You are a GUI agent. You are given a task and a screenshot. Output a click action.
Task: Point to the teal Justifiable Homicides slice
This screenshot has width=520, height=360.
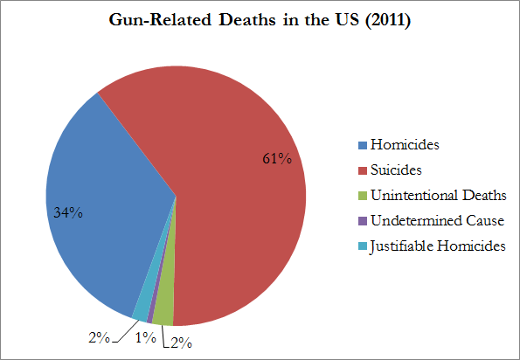point(141,314)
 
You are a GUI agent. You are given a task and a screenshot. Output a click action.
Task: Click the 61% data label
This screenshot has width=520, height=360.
point(277,159)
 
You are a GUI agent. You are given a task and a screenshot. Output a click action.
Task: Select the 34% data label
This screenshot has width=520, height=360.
point(68,213)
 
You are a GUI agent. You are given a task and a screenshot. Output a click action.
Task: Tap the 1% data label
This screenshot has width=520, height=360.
point(146,338)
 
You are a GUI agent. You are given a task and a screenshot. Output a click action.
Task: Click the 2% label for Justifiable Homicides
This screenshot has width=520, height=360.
point(99,338)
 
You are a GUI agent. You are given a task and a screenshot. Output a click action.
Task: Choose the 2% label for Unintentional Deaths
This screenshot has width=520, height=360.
point(182,343)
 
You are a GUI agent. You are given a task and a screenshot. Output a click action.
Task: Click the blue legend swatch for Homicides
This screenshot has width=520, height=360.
point(363,145)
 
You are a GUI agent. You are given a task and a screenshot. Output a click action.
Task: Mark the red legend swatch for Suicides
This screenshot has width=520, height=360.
point(363,170)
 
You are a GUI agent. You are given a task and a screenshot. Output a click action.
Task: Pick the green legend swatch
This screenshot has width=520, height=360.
point(363,196)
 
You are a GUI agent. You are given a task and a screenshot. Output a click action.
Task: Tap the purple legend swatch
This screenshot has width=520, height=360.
point(363,221)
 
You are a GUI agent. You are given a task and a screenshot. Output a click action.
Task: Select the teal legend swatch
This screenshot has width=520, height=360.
point(363,246)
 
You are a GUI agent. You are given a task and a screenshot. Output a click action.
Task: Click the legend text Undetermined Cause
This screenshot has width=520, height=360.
point(438,220)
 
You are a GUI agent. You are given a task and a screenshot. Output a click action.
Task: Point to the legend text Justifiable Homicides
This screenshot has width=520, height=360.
point(438,246)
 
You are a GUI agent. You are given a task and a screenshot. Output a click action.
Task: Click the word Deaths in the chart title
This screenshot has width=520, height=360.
point(246,20)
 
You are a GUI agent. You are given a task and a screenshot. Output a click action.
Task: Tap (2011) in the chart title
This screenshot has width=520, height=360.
point(388,20)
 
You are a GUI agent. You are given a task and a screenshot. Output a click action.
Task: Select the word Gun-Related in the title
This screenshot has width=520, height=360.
point(160,20)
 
